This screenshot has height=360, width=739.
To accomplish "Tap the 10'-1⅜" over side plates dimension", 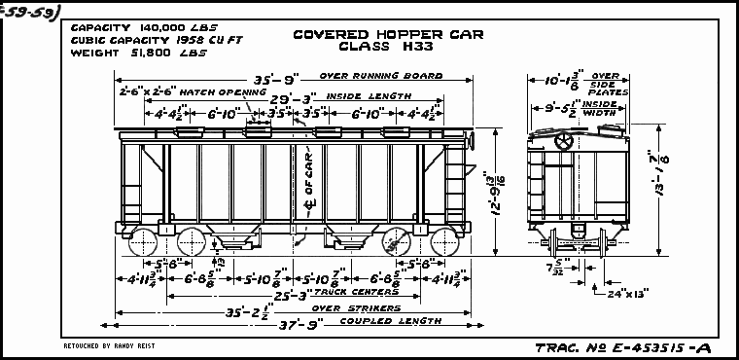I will pos(563,82).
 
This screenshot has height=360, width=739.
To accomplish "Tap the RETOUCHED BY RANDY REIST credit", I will pos(109,345).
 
